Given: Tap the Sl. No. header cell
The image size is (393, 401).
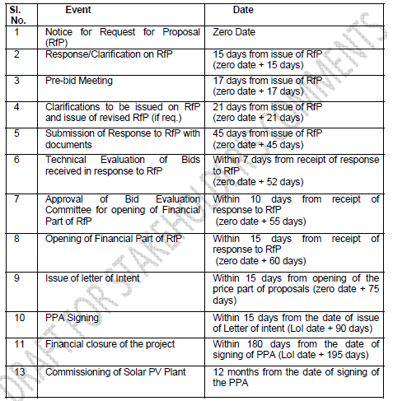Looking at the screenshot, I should click(17, 14).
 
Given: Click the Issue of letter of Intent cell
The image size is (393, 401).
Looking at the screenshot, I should click(92, 278).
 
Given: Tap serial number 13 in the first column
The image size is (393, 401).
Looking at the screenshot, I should click(18, 371).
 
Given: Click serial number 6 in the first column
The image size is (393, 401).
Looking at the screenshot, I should click(18, 161).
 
